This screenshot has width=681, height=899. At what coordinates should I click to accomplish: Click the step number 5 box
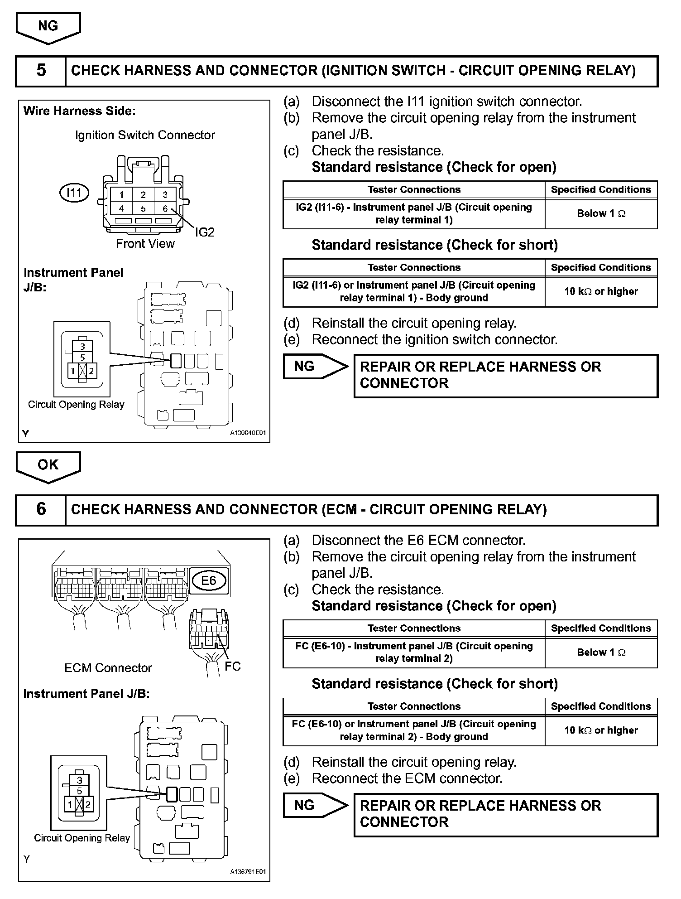click(41, 71)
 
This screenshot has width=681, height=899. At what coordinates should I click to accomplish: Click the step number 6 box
click(41, 509)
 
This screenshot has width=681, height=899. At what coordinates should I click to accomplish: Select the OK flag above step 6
click(48, 465)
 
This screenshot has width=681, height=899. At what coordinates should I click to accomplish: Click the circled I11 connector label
click(74, 193)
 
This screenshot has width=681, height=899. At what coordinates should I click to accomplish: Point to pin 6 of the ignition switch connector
click(165, 208)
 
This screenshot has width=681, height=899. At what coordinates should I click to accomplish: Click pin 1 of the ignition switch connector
click(121, 195)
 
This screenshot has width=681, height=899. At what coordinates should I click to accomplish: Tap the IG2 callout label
click(205, 232)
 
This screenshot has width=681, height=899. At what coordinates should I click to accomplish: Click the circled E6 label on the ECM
click(208, 580)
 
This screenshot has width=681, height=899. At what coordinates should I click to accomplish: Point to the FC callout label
click(233, 666)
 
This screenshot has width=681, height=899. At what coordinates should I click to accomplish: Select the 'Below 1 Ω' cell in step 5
click(601, 214)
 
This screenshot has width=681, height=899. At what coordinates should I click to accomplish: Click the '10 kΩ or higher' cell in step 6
click(601, 730)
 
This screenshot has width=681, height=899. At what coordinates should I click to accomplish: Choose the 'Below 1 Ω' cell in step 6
click(601, 652)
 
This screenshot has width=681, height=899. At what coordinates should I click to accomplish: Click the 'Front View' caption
click(145, 244)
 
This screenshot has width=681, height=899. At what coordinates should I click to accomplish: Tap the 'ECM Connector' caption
click(108, 668)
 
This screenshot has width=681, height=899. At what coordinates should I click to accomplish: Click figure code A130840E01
click(248, 433)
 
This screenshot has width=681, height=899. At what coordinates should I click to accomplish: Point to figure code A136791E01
click(248, 872)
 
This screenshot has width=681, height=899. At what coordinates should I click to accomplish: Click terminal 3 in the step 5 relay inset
click(82, 347)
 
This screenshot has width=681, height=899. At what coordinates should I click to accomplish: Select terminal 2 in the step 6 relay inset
click(88, 805)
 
